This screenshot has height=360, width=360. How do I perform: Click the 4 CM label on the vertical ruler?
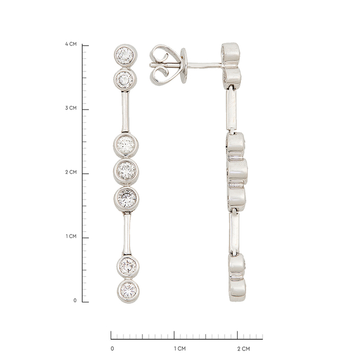(x=71, y=44)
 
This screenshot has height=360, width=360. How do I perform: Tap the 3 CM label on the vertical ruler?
(x=71, y=108)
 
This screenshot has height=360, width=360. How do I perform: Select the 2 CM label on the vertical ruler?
(x=71, y=173)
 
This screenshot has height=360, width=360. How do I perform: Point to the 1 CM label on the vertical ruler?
(x=71, y=237)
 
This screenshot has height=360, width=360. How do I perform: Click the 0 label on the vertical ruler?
(x=75, y=300)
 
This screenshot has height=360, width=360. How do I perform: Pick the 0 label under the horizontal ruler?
(x=112, y=348)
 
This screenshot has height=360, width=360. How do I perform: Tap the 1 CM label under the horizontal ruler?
(x=180, y=348)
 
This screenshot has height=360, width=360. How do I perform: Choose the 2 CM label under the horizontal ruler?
(x=243, y=348)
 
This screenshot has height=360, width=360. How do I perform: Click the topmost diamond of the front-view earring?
(x=126, y=54)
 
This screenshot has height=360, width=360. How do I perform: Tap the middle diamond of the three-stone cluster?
(x=127, y=170)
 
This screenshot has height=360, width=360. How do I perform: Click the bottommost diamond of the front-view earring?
(x=128, y=290)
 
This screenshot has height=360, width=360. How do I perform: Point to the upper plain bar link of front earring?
(x=126, y=112)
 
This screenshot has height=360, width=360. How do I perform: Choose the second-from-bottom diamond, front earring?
(x=128, y=265)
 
